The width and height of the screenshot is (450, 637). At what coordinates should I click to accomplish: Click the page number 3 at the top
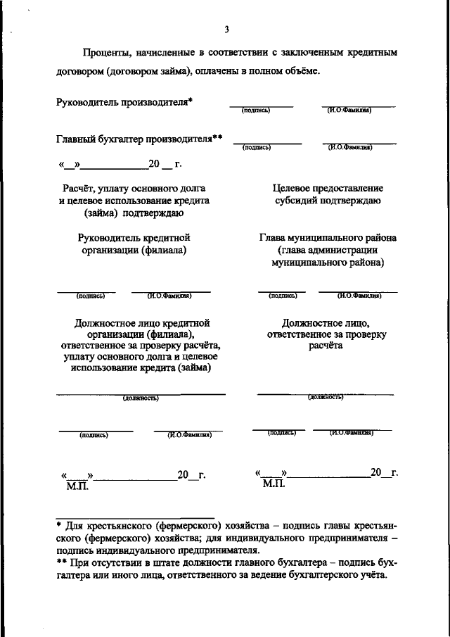(x=226, y=29)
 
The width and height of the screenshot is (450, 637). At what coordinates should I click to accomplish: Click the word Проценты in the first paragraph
(x=105, y=53)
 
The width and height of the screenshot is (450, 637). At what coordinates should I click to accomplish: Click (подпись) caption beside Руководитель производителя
(x=256, y=111)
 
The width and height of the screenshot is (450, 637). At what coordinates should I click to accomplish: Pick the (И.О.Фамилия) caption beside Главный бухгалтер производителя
(x=349, y=147)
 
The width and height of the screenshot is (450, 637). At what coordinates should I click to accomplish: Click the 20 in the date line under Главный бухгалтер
(x=155, y=165)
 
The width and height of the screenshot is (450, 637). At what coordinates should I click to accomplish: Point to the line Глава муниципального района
(x=327, y=238)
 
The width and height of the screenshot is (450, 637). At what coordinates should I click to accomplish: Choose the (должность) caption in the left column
(x=141, y=398)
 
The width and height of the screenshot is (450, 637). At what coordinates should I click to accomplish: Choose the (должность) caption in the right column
(x=325, y=397)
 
